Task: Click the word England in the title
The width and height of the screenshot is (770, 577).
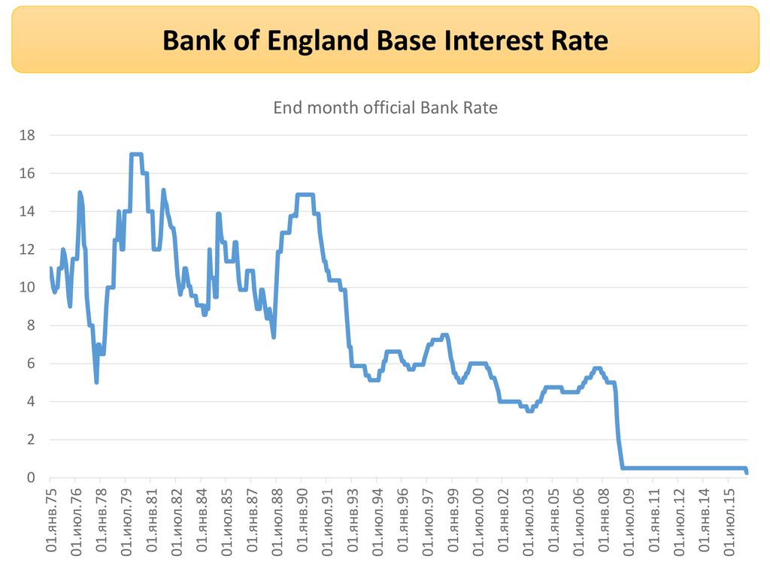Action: point(318,41)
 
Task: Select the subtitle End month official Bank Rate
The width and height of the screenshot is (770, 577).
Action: point(385,107)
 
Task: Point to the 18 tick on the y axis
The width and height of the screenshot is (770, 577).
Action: point(28,135)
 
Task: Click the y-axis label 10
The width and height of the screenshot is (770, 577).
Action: point(28,287)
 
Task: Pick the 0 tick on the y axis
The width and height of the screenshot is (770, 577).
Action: point(31,477)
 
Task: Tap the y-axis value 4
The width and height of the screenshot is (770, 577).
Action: point(31,401)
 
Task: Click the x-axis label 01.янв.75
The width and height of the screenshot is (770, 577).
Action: point(51,520)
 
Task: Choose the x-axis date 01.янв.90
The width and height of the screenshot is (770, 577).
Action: point(302,520)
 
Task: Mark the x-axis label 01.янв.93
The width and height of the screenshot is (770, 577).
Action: point(353,520)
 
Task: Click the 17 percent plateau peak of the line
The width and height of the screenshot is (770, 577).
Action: point(136,154)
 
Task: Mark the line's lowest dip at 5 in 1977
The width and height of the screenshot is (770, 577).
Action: point(97,382)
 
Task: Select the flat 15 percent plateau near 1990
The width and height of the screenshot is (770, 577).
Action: point(305,195)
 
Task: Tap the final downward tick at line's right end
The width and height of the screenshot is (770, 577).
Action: point(746,470)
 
